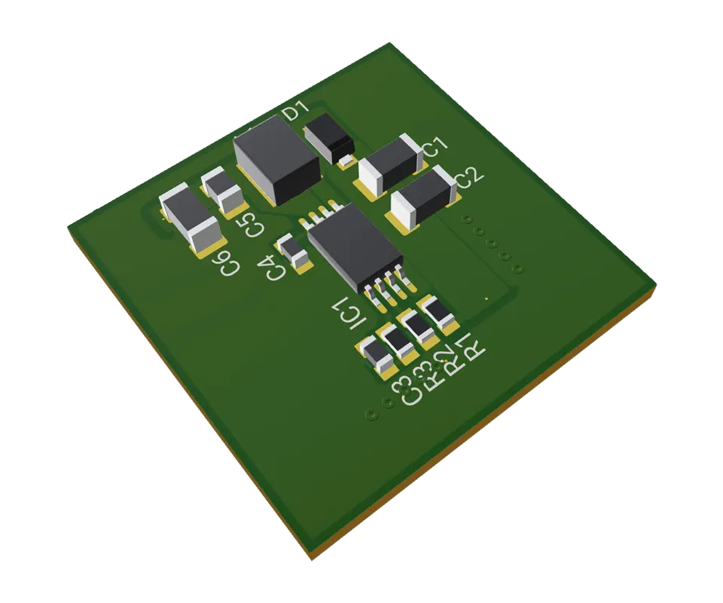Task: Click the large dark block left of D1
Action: (276, 161)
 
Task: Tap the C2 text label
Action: (468, 178)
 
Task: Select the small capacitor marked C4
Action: (294, 251)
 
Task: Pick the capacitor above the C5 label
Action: (224, 189)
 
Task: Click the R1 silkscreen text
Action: (471, 346)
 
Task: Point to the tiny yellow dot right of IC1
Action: (487, 299)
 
